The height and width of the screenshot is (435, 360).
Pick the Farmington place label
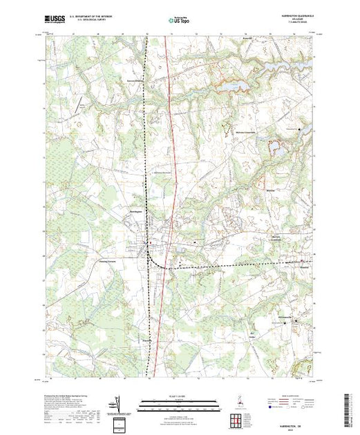click(146, 340)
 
